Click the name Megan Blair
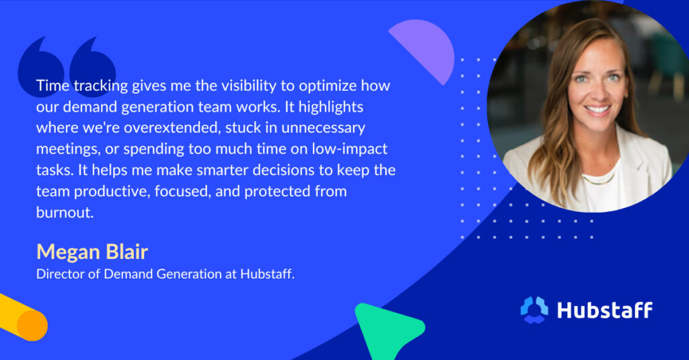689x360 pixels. point(92,252)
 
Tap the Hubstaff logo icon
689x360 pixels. point(535,310)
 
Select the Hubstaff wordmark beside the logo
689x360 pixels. point(604,310)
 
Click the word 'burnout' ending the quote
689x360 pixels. point(60,211)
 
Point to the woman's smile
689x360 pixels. point(595,109)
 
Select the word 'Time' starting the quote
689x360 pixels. point(52,86)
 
